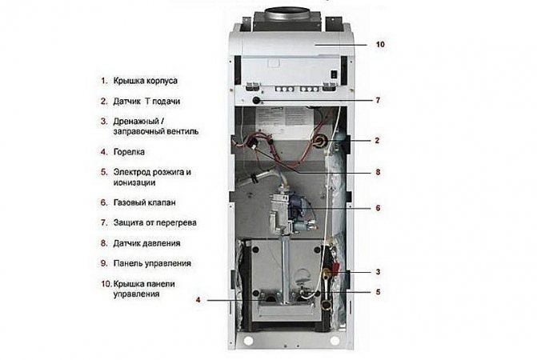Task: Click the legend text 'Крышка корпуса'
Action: coord(150,81)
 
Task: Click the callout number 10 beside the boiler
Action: coord(379,45)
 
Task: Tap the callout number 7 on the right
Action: coord(377,101)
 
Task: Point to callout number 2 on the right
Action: coord(377,140)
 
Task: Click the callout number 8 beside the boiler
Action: coord(377,171)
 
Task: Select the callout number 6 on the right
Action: coord(377,208)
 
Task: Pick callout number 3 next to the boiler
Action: coord(377,272)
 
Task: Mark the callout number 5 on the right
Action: coord(377,292)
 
